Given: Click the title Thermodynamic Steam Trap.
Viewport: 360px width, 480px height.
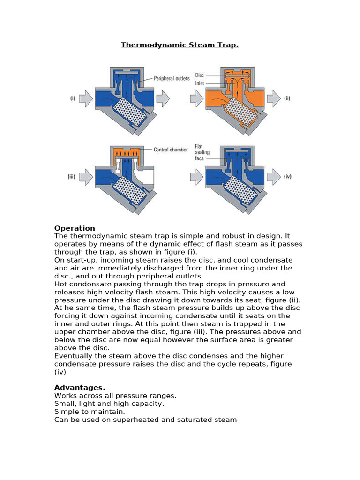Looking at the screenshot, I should (x=180, y=45).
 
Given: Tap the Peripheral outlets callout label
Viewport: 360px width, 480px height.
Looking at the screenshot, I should (x=172, y=79).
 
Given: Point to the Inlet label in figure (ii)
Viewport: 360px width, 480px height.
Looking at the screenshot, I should (x=199, y=83).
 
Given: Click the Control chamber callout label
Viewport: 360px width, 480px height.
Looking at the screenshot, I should (x=171, y=150).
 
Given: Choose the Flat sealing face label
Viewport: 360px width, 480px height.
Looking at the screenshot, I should (x=202, y=152).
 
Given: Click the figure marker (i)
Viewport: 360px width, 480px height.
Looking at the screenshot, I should (x=73, y=99).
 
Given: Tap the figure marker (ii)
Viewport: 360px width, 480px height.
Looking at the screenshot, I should (x=287, y=99).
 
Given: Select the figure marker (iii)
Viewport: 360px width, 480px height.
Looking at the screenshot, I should (x=72, y=177).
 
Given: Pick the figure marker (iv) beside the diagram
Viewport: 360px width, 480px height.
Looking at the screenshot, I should (x=287, y=177).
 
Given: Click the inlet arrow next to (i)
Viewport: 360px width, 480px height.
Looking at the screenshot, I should (x=86, y=99).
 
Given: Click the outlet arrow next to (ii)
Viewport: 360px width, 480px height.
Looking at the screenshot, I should (x=273, y=99).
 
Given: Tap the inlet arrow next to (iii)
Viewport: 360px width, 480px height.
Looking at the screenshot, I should (x=86, y=177).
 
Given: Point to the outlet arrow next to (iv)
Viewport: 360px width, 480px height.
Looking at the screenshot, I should (x=273, y=177).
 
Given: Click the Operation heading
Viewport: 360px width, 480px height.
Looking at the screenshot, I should (x=75, y=228).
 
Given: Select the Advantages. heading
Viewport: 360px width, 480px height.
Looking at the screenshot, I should (x=80, y=388).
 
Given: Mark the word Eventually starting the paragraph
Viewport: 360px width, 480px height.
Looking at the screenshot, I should (x=74, y=356).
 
